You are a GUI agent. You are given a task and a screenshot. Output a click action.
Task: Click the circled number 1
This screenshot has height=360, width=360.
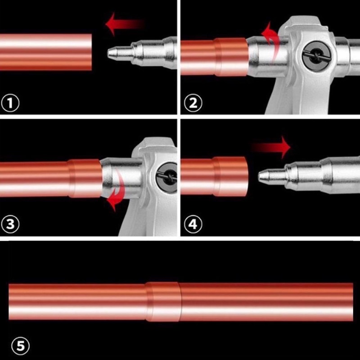pos(10,103)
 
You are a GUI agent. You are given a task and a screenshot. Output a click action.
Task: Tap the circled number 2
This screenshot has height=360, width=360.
pos(193,103)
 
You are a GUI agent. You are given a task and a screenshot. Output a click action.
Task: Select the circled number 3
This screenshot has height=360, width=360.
pos(10,224)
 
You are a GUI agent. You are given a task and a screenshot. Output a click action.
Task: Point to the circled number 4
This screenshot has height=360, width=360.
pos(193,224)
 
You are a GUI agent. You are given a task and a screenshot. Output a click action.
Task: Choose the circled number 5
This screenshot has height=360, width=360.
pos(20,346)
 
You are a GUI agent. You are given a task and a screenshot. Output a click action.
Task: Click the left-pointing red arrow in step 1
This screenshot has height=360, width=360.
pos(124,24)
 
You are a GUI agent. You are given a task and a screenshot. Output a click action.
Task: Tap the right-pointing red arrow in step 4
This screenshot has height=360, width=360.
pos(271,147)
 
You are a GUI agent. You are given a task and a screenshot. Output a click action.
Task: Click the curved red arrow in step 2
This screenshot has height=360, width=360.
pos(270,39)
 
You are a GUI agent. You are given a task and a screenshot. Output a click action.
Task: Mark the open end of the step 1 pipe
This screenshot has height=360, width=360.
pos(91,52)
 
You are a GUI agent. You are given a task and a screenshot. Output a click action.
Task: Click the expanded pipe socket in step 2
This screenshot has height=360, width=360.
pos(231,57)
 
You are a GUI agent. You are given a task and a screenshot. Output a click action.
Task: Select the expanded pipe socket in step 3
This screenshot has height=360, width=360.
pos(85,178)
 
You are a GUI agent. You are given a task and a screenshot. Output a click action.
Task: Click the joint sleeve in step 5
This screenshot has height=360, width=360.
pos(163,301)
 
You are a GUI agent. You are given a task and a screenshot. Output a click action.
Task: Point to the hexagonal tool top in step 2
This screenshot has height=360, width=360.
pos(303,23)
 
